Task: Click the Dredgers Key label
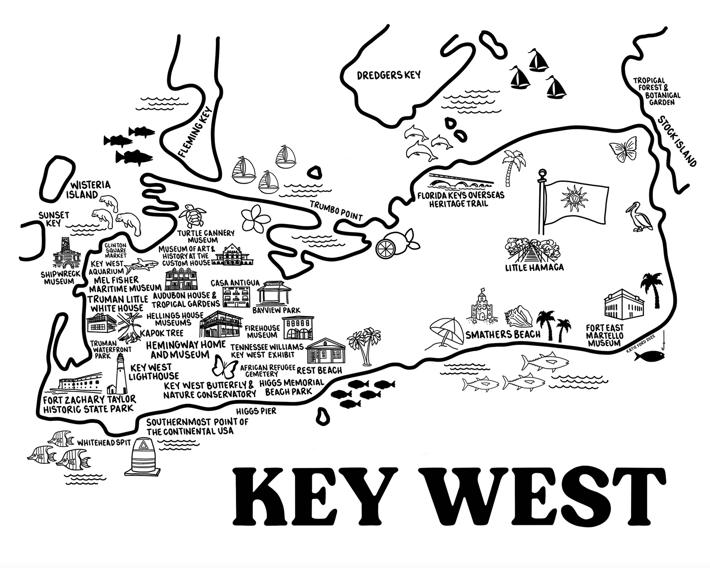pyautogui.click(x=389, y=75)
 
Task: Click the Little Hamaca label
pyautogui.click(x=534, y=268)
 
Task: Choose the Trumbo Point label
pyautogui.click(x=336, y=211)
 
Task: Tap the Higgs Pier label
pyautogui.click(x=256, y=411)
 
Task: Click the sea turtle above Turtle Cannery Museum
pyautogui.click(x=191, y=215)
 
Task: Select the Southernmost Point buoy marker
pyautogui.click(x=145, y=458)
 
